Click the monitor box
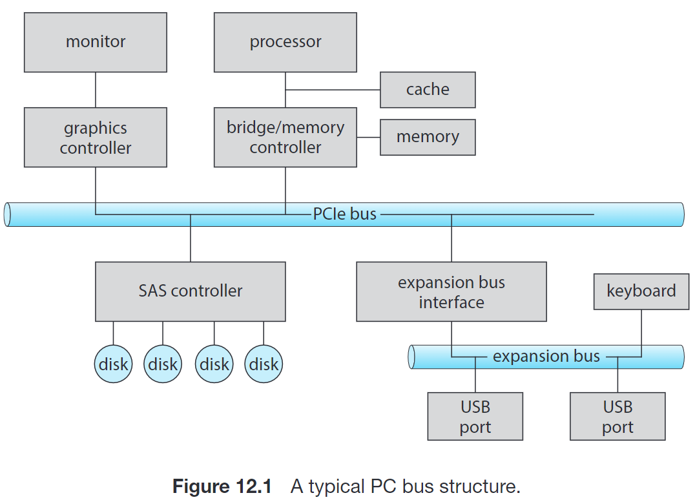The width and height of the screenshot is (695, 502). [96, 42]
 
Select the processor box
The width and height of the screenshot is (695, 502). [285, 42]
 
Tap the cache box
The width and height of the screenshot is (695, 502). [428, 90]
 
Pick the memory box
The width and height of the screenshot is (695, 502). [428, 137]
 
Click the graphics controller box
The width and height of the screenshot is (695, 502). [96, 138]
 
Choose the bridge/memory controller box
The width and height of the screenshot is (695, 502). [285, 137]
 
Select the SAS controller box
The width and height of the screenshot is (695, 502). [190, 291]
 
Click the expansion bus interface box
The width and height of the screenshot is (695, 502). [451, 292]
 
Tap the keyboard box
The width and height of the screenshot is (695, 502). [641, 291]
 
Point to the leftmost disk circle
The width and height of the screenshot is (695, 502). [114, 364]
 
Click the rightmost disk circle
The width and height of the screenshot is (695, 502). [264, 364]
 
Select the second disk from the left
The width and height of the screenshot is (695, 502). [163, 364]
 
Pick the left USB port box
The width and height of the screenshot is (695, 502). [475, 417]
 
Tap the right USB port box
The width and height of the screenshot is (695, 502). [617, 417]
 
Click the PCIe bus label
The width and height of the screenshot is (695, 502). [344, 214]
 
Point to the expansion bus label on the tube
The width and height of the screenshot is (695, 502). [546, 356]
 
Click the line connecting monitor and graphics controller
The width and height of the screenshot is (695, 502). [96, 90]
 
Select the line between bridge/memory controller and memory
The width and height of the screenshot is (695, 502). [368, 137]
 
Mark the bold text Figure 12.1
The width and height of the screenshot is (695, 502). [222, 486]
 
